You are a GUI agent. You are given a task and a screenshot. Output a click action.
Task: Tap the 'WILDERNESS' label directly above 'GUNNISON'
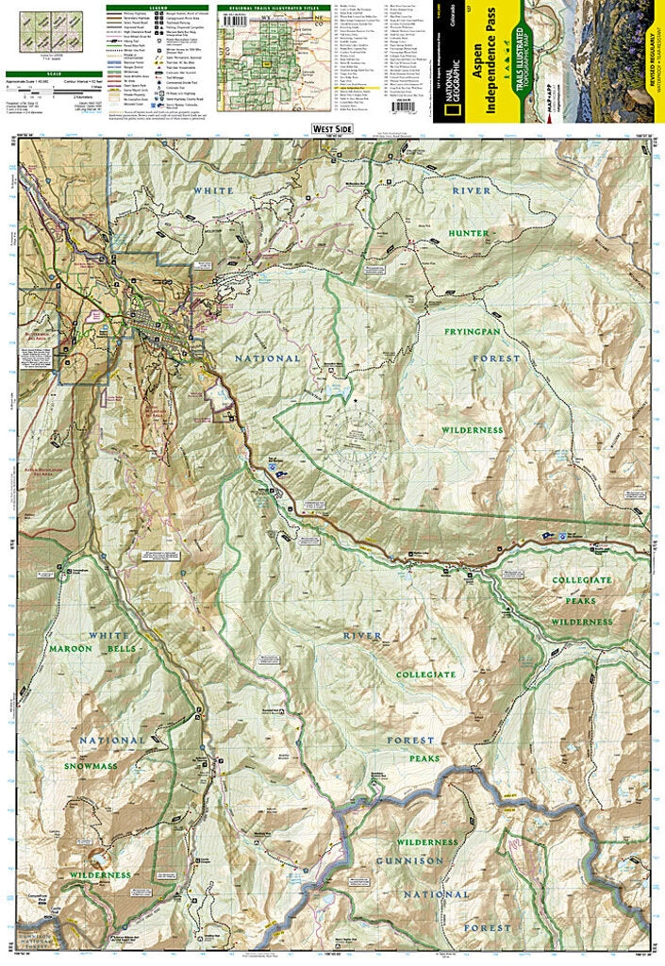pyautogui.click(x=426, y=841)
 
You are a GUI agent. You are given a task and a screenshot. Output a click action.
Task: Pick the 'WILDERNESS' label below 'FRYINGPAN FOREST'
pyautogui.click(x=473, y=429)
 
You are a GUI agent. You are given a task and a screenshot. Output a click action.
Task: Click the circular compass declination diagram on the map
pyautogui.click(x=354, y=434)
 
